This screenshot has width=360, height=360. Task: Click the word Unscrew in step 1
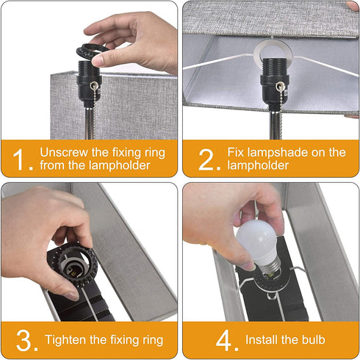point(64,152)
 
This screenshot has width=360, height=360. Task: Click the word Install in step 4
point(262,339)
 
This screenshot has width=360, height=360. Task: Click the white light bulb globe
point(256,240)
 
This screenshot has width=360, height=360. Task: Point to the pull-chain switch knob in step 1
point(93,85)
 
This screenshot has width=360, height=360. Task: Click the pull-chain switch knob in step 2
point(280,86)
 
